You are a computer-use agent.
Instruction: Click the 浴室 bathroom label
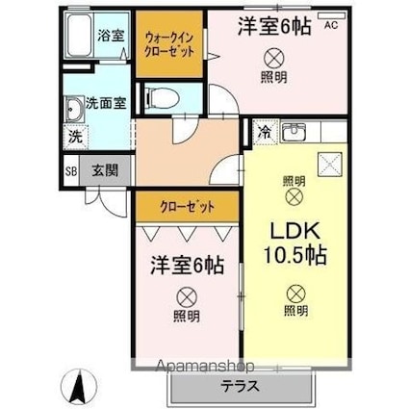111,36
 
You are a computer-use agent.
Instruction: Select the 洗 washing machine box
73,136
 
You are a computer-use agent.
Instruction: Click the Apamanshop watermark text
198,367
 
